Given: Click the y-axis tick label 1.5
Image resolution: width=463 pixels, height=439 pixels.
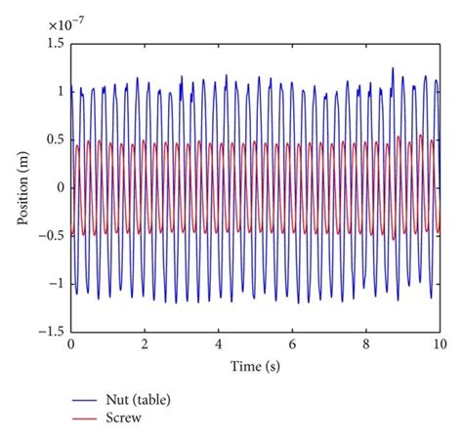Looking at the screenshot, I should coord(55,43).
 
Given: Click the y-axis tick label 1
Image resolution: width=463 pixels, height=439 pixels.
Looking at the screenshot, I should coord(59,91).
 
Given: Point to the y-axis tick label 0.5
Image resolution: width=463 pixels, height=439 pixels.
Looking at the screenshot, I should coord(55,139).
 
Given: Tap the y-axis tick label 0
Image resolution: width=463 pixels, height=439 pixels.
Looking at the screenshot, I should coord(59,186).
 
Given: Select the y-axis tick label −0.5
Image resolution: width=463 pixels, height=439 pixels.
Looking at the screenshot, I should coord(51,235).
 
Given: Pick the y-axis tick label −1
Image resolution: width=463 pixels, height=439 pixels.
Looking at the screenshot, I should coord(55,283).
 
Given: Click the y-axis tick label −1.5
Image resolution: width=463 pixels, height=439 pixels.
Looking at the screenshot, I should coord(51,331).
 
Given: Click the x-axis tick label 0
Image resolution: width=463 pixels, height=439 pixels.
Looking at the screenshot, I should coord(70,344).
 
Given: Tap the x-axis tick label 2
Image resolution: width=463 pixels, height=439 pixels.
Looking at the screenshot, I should coord(145,344).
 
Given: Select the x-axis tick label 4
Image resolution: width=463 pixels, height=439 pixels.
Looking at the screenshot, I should coord(219,344).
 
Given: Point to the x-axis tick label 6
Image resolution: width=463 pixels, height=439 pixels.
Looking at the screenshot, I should coord(292,344).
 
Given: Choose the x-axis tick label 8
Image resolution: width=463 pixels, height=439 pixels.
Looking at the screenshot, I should coord(366,344).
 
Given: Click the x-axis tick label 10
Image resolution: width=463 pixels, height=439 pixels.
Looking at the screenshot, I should coord(440,344).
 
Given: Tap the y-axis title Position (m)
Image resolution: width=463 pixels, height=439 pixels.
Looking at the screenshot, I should coord(21,186).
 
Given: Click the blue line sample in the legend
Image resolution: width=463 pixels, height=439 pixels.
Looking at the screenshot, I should coord(85,400).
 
